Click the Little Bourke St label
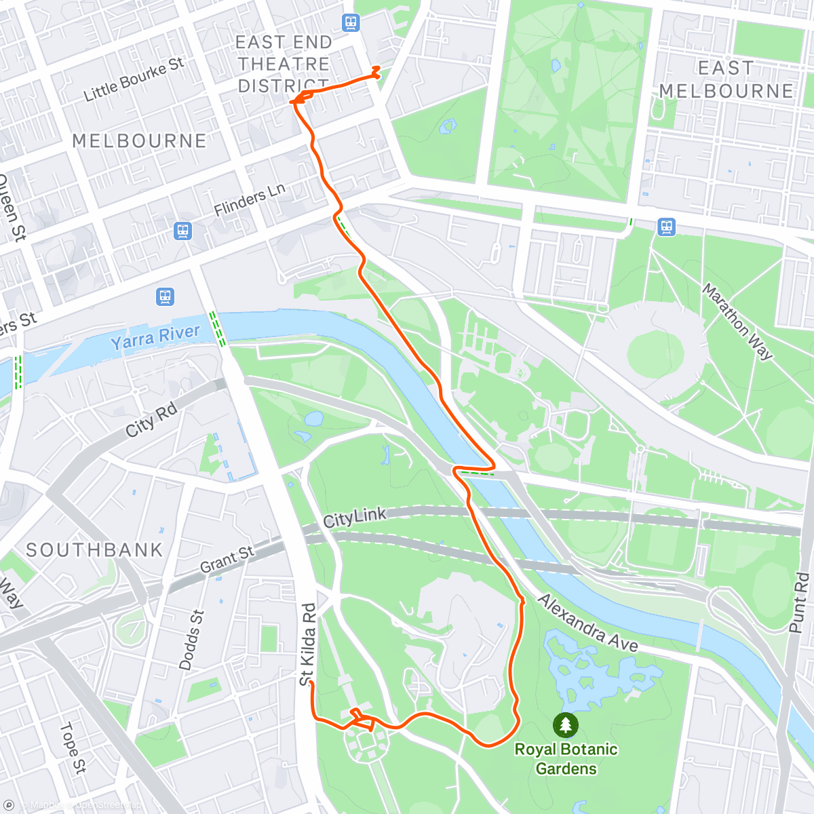tap(134, 79)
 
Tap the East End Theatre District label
tap(284, 64)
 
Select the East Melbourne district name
tap(726, 79)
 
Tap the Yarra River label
tap(155, 336)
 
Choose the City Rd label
tap(151, 419)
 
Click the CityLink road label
tap(355, 518)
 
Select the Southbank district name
tap(94, 549)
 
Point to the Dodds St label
tap(191, 640)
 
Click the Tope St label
tap(73, 748)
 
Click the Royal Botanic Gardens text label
tap(566, 758)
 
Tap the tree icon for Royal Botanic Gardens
tap(566, 725)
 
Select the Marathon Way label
tap(737, 322)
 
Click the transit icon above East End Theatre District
tap(350, 22)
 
